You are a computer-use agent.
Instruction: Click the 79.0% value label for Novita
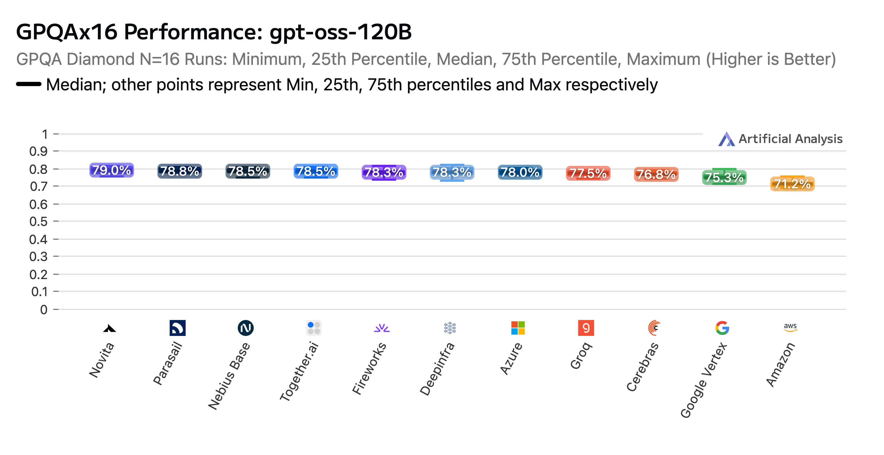click(111, 170)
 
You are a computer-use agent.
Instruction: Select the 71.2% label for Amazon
click(792, 184)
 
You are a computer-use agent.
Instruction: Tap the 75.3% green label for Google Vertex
click(724, 178)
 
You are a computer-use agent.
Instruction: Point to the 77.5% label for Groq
click(588, 174)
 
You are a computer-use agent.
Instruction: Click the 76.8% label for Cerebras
click(656, 175)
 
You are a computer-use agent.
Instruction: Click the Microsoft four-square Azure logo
click(518, 328)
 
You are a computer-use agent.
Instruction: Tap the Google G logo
click(722, 328)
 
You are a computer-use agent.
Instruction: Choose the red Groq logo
click(586, 328)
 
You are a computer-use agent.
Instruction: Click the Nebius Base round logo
click(246, 328)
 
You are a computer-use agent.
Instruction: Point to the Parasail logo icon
click(177, 328)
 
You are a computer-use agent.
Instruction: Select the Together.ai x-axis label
click(299, 371)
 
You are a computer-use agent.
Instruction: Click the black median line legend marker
click(29, 84)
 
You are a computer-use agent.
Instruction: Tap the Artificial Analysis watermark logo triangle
click(727, 139)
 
